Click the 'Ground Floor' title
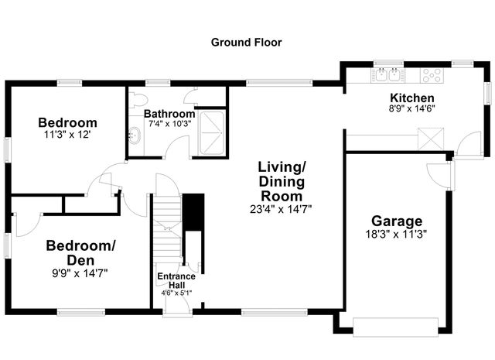tap(247, 42)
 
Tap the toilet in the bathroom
tap(138, 98)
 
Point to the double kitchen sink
tap(387, 75)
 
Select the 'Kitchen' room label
tap(411, 98)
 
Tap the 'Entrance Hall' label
tap(176, 280)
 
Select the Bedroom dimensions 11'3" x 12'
tap(68, 135)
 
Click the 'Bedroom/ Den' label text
tap(80, 252)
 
